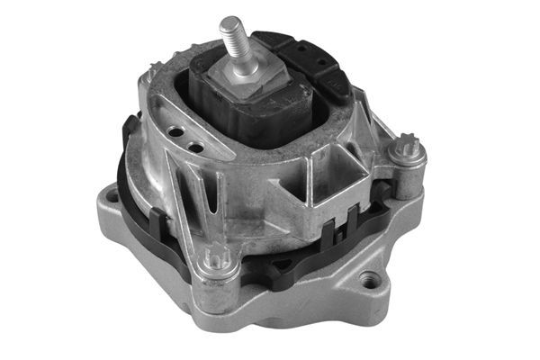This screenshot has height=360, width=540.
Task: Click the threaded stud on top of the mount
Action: click(236, 44)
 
